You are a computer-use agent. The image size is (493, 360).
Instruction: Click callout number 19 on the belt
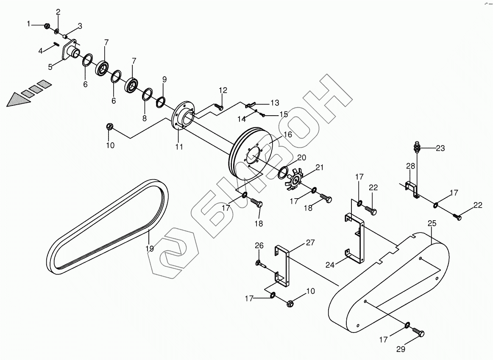coord(150,249)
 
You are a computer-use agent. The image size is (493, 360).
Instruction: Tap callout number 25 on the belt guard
coord(432,223)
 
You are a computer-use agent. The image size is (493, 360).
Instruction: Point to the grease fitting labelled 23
coord(416,148)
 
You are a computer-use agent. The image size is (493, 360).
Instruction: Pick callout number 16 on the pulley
coord(288,134)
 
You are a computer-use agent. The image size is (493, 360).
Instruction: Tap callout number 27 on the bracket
coord(310,242)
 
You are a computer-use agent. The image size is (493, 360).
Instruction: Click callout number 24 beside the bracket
coord(330,265)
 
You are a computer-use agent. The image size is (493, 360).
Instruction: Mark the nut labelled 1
coord(47,26)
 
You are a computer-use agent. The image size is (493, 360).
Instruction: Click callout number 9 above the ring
coord(164,79)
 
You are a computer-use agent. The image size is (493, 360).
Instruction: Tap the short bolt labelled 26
coord(259,264)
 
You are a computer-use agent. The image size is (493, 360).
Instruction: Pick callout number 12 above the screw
coord(223,90)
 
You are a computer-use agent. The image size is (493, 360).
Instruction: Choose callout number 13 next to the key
coord(275,103)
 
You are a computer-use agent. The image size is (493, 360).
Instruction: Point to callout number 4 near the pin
coord(41,51)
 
